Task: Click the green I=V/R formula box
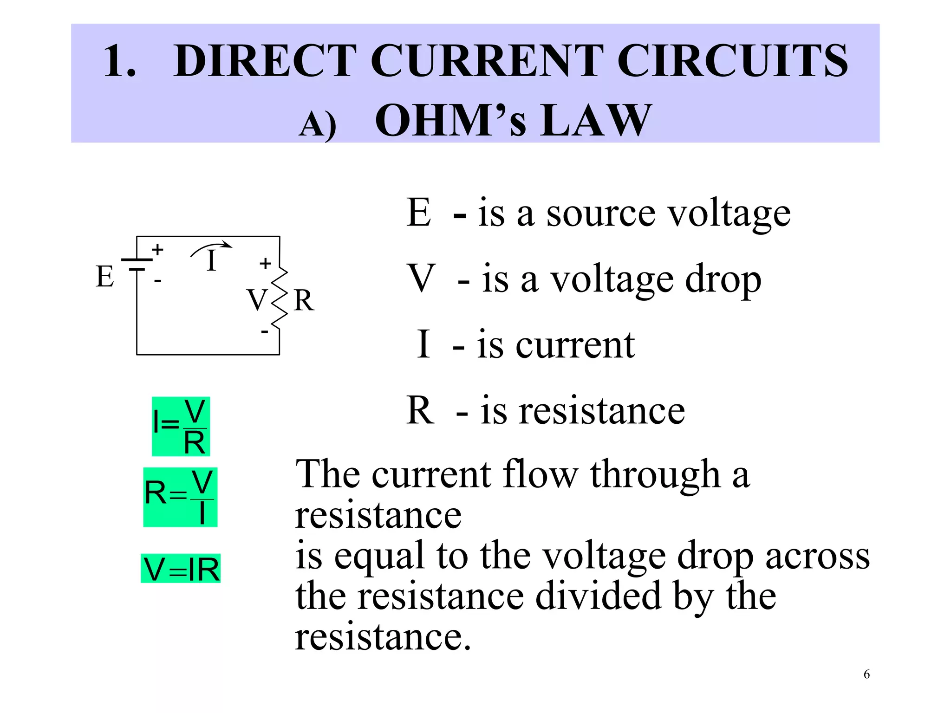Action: tap(181, 426)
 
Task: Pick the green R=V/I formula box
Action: tap(180, 497)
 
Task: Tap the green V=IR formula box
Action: tap(181, 569)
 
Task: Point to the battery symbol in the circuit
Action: tap(136, 265)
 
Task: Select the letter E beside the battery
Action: tap(105, 277)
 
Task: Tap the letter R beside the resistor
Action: tap(304, 300)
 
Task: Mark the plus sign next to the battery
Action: tap(158, 250)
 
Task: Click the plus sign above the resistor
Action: tap(265, 264)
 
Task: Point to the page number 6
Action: tap(866, 674)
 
